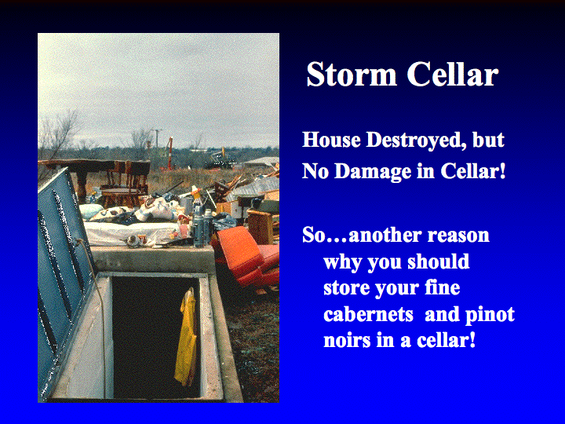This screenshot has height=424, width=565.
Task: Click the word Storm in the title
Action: coord(352,74)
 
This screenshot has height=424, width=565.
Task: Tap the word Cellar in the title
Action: coord(453,74)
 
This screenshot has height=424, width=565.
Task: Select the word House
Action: coord(331,140)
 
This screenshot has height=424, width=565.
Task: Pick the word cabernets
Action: coord(368,314)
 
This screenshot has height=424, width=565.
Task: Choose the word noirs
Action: coord(347,340)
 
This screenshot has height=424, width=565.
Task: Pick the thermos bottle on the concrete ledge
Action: coord(199,225)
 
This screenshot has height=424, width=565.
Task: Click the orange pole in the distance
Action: coord(169,154)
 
